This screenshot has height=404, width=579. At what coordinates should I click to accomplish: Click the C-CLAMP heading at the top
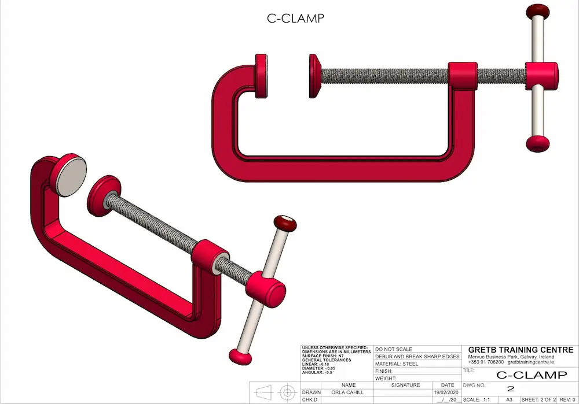(295, 18)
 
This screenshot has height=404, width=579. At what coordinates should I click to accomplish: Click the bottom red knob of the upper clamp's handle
(538, 143)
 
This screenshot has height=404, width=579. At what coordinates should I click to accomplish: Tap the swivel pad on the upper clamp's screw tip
(314, 76)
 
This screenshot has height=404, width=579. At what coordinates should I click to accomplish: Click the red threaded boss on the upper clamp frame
(463, 75)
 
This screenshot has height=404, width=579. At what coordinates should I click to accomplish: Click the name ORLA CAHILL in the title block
(348, 392)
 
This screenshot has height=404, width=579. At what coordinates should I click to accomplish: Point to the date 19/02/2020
(447, 392)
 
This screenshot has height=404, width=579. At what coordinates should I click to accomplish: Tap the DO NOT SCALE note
(394, 349)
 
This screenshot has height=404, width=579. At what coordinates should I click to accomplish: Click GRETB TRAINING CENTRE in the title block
(521, 350)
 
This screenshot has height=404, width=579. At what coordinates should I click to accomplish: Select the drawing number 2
(511, 388)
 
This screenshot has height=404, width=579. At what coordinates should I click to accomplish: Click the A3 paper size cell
(510, 399)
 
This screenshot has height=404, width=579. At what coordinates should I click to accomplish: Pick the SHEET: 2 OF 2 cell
(538, 399)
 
